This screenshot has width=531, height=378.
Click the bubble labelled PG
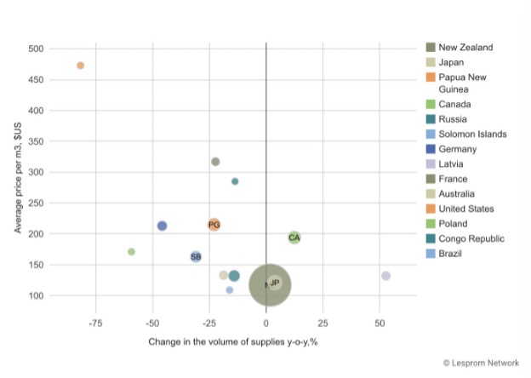(214, 225)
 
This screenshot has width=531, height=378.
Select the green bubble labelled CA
(294, 238)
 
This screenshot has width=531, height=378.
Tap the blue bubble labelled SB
(196, 256)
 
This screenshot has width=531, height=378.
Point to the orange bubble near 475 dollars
(81, 66)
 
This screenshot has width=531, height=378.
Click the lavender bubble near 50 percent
(385, 276)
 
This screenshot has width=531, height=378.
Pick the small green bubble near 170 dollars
(131, 251)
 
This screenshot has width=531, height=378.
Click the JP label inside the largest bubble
(274, 283)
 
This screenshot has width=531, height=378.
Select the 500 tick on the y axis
(35, 49)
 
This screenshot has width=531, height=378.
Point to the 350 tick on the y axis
(35, 141)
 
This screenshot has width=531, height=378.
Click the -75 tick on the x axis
(95, 324)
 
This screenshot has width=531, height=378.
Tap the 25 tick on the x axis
(323, 324)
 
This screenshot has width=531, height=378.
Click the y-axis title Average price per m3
(19, 178)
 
